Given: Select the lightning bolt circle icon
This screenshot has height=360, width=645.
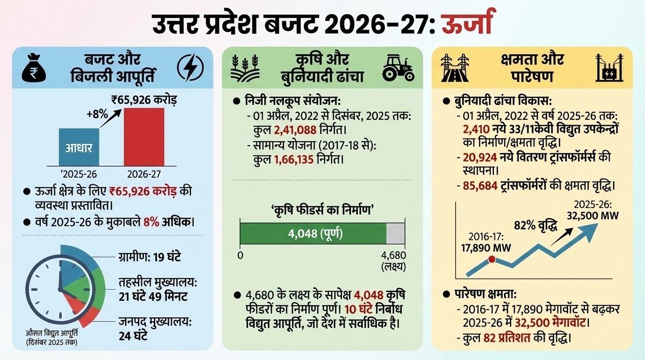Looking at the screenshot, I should pos(190,68).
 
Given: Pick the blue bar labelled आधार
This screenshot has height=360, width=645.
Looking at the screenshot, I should pos(78,147).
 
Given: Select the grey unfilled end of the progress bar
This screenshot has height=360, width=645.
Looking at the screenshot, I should pos(396,233).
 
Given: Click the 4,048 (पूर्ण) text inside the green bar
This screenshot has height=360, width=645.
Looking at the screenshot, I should pos(313,233).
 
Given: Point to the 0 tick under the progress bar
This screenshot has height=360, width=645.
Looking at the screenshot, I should pos(240,255).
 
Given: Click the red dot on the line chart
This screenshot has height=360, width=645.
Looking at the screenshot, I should pos(492,259).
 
